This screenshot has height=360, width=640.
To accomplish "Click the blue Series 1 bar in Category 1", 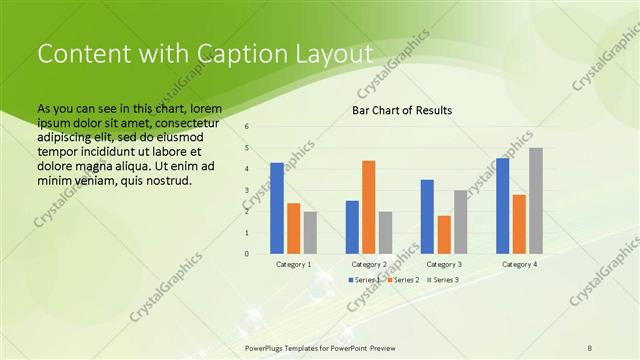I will [277, 208].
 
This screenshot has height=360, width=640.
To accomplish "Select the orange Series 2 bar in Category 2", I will [369, 207].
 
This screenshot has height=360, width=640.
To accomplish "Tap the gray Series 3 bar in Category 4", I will [536, 200].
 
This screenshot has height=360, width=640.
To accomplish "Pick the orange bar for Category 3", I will [444, 234].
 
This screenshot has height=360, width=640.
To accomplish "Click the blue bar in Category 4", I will [502, 205].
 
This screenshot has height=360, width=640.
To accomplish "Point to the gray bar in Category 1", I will [310, 232].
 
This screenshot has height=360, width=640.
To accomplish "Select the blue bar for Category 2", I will [352, 227].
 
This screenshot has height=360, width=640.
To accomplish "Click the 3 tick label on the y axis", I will [247, 190].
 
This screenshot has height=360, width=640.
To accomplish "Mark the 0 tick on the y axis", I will [247, 254].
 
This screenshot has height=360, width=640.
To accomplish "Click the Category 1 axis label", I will [293, 264].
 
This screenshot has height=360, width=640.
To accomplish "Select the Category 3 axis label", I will [444, 264].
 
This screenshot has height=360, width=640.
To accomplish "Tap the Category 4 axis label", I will [519, 264].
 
